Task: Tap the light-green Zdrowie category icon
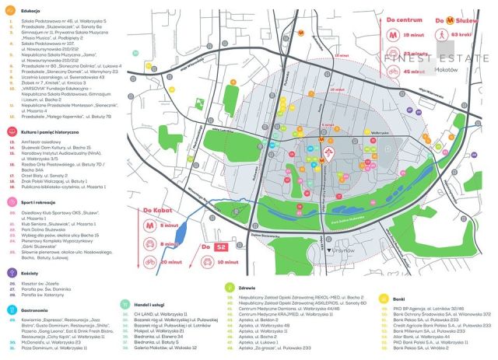[x=230, y=287]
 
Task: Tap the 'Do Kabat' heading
[x=158, y=208]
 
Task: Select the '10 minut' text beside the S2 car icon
[x=230, y=263]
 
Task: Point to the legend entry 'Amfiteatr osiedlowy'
[x=46, y=143]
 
